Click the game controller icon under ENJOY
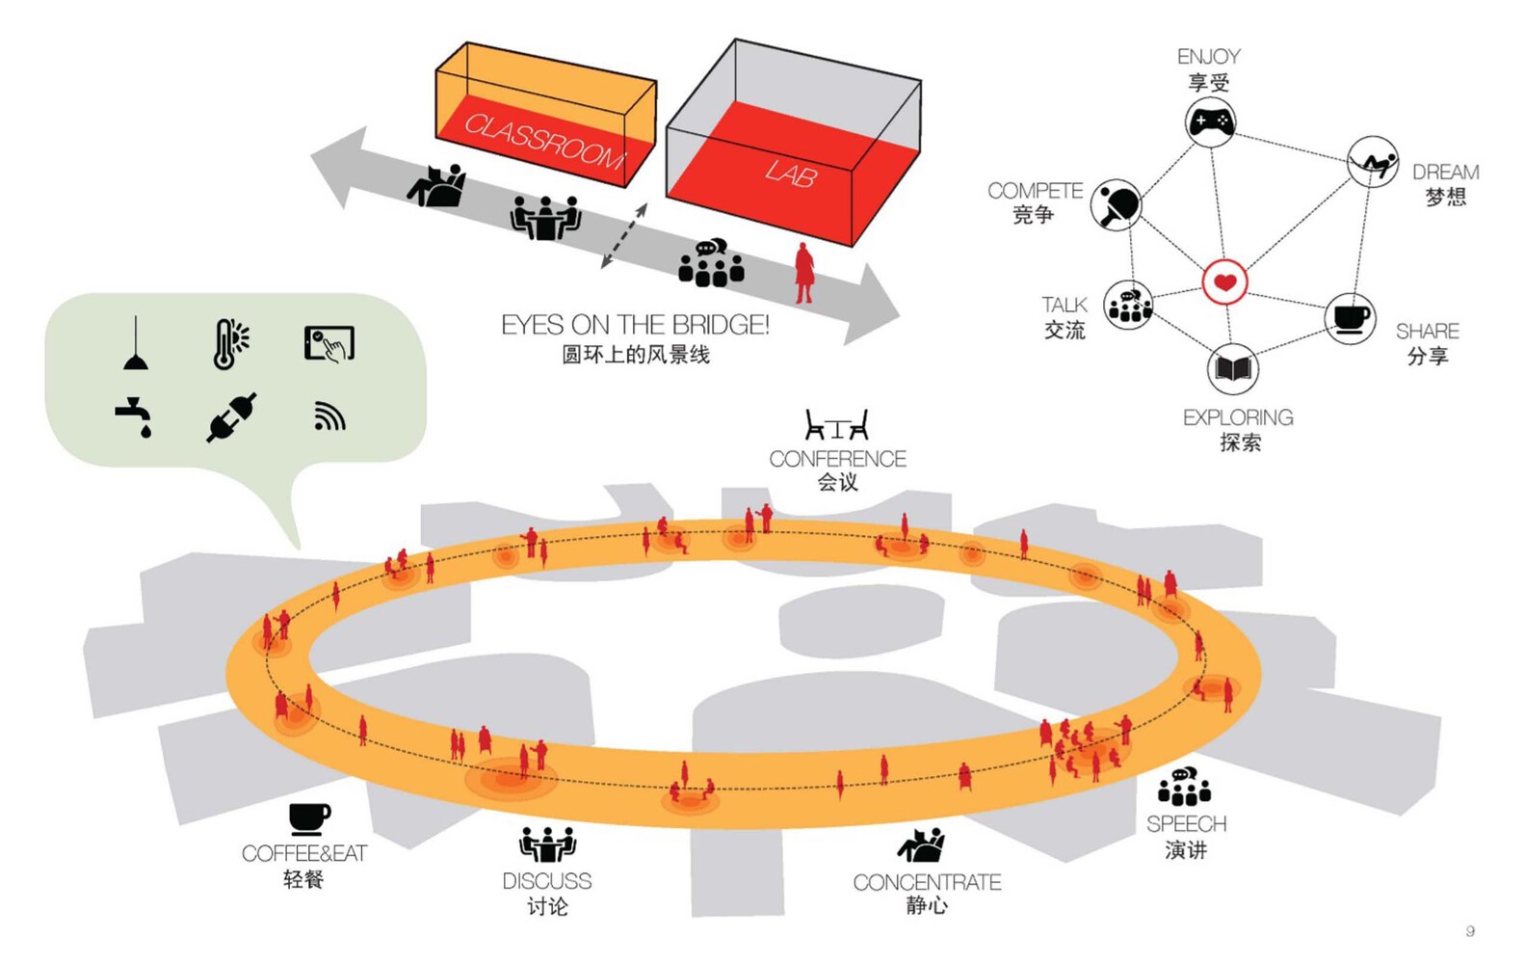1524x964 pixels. pos(1210,121)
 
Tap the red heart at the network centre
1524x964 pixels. pos(1224,281)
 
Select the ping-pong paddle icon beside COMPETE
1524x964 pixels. pos(1117,204)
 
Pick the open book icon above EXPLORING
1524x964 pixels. pos(1233,369)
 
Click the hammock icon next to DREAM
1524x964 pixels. pos(1373,162)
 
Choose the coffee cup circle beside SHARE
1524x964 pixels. pos(1350,318)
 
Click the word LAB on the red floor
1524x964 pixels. pos(791,173)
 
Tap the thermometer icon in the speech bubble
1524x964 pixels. pos(230,344)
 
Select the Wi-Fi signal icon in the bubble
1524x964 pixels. pos(329,416)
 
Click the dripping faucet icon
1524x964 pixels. pos(133,416)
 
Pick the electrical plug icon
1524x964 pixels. pos(231,417)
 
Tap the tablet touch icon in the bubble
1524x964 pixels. pos(329,344)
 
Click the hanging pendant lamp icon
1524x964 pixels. pos(136,344)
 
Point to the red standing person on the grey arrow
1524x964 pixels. pos(804,273)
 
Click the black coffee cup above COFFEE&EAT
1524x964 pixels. pos(309,819)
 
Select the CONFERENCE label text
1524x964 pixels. pos(837,459)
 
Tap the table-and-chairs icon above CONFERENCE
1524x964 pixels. pos(837,425)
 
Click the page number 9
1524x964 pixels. pos(1470,930)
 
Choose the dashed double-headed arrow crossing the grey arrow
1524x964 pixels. pos(623,236)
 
